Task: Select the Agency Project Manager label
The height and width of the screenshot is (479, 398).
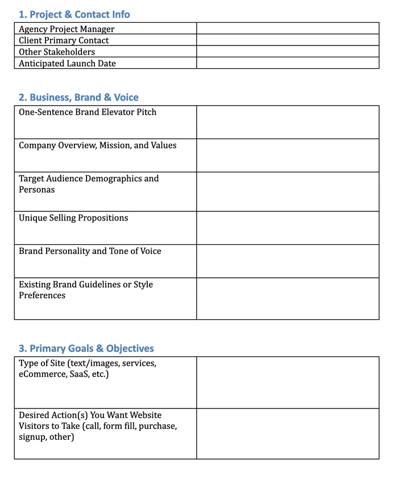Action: pyautogui.click(x=67, y=29)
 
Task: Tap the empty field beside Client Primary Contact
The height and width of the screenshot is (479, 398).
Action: pyautogui.click(x=288, y=40)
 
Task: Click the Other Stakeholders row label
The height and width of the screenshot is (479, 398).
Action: pyautogui.click(x=57, y=52)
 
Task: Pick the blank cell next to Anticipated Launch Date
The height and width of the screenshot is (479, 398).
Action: pyautogui.click(x=288, y=63)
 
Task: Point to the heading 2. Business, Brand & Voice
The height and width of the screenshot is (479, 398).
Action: pyautogui.click(x=78, y=97)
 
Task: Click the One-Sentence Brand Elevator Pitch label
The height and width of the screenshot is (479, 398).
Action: pyautogui.click(x=88, y=112)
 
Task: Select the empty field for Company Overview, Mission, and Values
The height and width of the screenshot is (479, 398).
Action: pyautogui.click(x=288, y=155)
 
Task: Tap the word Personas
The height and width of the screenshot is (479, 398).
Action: pyautogui.click(x=37, y=189)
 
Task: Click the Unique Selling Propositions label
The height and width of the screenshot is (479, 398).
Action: pyautogui.click(x=73, y=218)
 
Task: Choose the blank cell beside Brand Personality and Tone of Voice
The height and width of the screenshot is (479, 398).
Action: pyautogui.click(x=288, y=261)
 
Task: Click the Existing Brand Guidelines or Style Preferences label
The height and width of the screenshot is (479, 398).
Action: pyautogui.click(x=86, y=290)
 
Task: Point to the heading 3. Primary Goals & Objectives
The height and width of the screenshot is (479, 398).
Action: pyautogui.click(x=86, y=348)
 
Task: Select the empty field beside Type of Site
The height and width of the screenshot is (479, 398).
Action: pyautogui.click(x=288, y=382)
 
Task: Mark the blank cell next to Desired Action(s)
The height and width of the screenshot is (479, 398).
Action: pyautogui.click(x=288, y=434)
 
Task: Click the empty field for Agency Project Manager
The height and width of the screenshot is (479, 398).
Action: pyautogui.click(x=288, y=28)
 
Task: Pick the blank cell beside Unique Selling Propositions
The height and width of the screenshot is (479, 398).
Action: pyautogui.click(x=288, y=228)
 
